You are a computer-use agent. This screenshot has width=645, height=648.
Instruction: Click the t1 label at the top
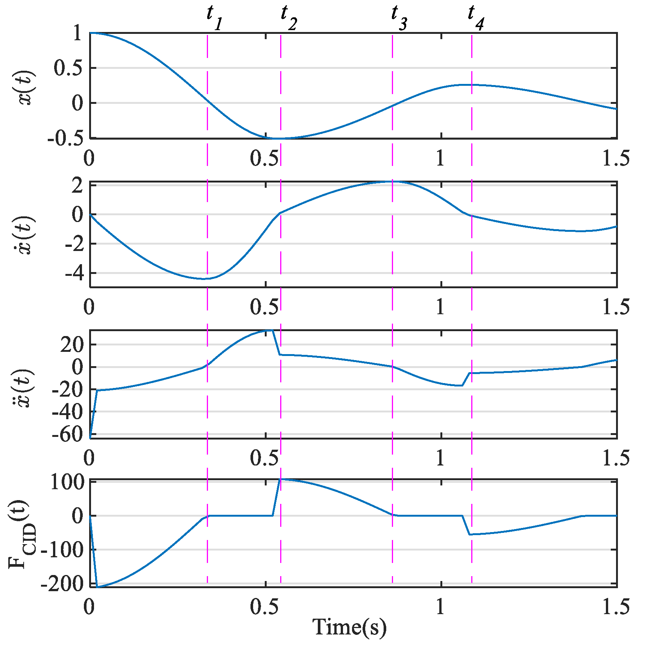[214, 18]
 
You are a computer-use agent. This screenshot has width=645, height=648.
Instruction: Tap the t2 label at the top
[288, 18]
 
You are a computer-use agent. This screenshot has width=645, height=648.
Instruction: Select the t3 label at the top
[399, 18]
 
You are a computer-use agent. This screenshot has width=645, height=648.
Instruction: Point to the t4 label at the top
[475, 18]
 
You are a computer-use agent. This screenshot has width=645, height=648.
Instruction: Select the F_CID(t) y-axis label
[23, 534]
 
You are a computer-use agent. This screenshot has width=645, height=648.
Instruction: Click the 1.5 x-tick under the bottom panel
[616, 607]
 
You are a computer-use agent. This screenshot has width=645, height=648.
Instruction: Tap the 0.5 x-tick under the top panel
[265, 158]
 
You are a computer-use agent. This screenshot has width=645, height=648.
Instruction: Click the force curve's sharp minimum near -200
[97, 587]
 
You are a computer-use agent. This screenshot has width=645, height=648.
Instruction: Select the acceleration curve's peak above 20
[269, 330]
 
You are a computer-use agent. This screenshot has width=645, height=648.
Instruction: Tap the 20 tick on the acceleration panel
[71, 345]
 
